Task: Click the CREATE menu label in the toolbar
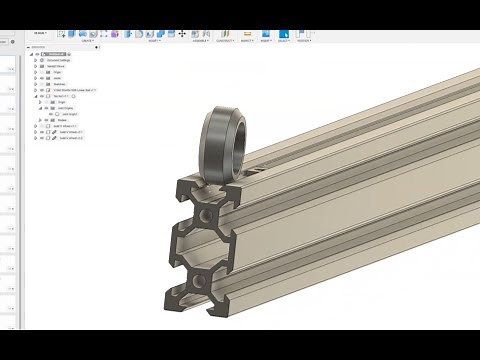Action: point(88,41)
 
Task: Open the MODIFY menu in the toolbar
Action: point(154,41)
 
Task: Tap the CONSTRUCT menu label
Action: point(226,41)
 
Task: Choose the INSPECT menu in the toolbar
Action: point(246,41)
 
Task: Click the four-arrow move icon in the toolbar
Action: point(181,33)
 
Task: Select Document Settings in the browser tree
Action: point(59,60)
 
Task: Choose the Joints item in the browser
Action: point(56,78)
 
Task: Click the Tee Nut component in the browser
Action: point(62,96)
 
